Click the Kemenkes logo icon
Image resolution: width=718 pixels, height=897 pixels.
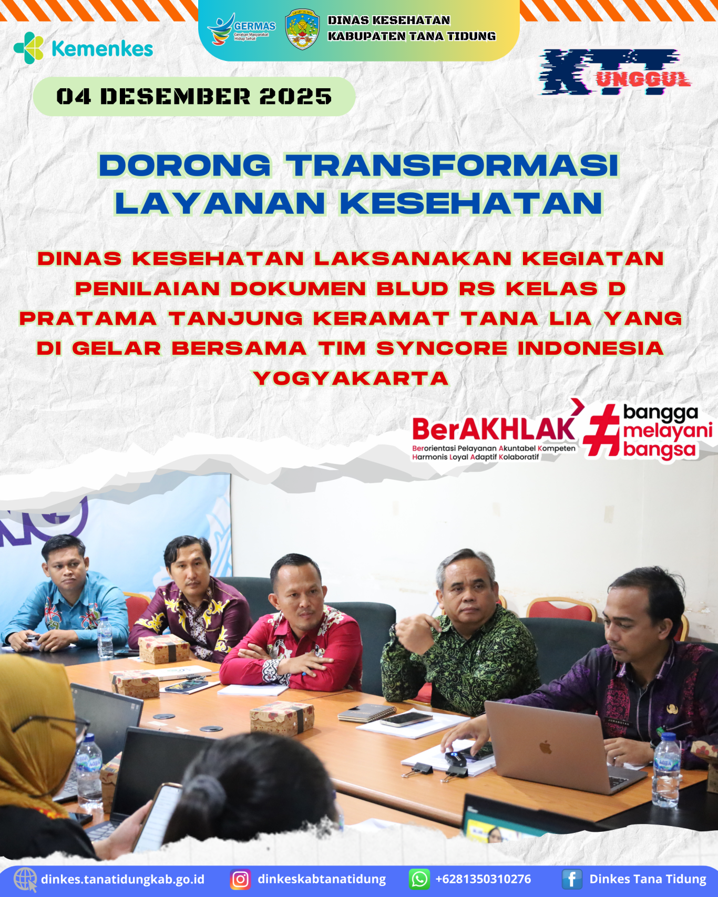[x=29, y=48]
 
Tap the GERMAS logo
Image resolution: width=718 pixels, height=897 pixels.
[x=242, y=29]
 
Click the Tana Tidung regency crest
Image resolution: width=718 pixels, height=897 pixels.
[x=302, y=29]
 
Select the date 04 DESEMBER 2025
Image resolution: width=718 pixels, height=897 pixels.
[x=194, y=97]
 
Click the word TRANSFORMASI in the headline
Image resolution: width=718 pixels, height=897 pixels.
[x=453, y=166]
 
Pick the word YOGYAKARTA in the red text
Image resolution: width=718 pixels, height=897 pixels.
[x=351, y=378]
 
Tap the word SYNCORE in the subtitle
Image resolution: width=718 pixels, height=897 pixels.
[x=442, y=348]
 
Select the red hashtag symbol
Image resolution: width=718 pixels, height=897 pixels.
[x=602, y=429]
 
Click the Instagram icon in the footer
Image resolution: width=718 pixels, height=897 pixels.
[x=240, y=879]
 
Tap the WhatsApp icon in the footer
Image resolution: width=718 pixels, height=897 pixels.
[x=419, y=879]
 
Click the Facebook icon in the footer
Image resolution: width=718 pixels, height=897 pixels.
[x=572, y=879]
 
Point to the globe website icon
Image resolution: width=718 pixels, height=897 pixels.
[x=25, y=880]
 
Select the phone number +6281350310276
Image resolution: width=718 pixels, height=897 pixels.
[x=483, y=879]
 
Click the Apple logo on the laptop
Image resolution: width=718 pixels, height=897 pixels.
[x=545, y=747]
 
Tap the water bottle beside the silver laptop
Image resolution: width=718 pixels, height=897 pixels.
[x=666, y=769]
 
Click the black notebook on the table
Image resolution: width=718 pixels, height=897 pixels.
[x=366, y=713]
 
